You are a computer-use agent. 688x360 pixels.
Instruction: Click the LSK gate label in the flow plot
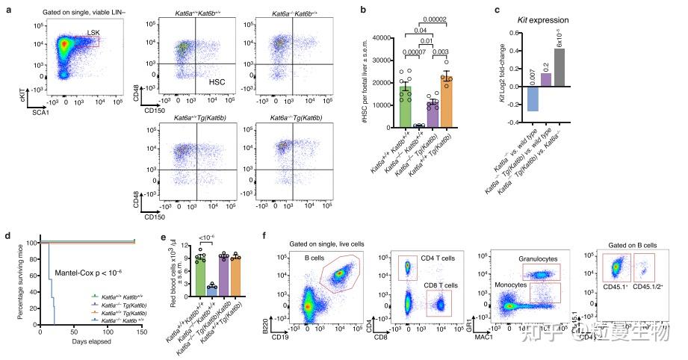pyautogui.click(x=92, y=31)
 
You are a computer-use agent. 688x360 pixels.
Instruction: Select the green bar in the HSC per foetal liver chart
pyautogui.click(x=406, y=105)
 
